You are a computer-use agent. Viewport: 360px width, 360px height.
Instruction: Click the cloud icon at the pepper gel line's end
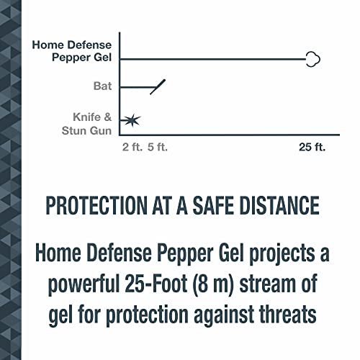tap(312, 60)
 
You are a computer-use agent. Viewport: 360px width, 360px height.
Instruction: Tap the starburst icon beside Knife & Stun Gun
tap(131, 120)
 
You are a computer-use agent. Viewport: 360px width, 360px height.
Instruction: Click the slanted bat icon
tap(158, 86)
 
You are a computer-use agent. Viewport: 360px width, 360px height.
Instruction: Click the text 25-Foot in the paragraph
tap(176, 283)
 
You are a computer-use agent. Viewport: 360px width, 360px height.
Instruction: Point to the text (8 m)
tap(238, 283)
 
